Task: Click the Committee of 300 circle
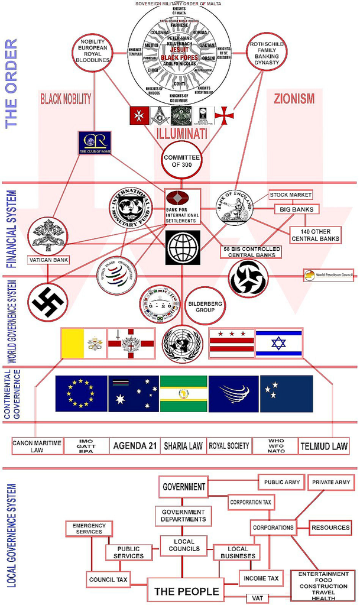(x=183, y=160)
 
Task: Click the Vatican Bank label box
(x=46, y=260)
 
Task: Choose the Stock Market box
(x=291, y=195)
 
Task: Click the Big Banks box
(x=296, y=209)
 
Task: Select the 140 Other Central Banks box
(x=315, y=235)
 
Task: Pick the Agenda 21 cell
(x=135, y=446)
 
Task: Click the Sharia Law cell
(x=183, y=446)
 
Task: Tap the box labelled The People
(x=187, y=590)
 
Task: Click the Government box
(x=183, y=487)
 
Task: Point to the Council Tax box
(x=108, y=579)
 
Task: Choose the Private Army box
(x=331, y=482)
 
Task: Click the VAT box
(x=257, y=598)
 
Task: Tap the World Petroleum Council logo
(x=328, y=275)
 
